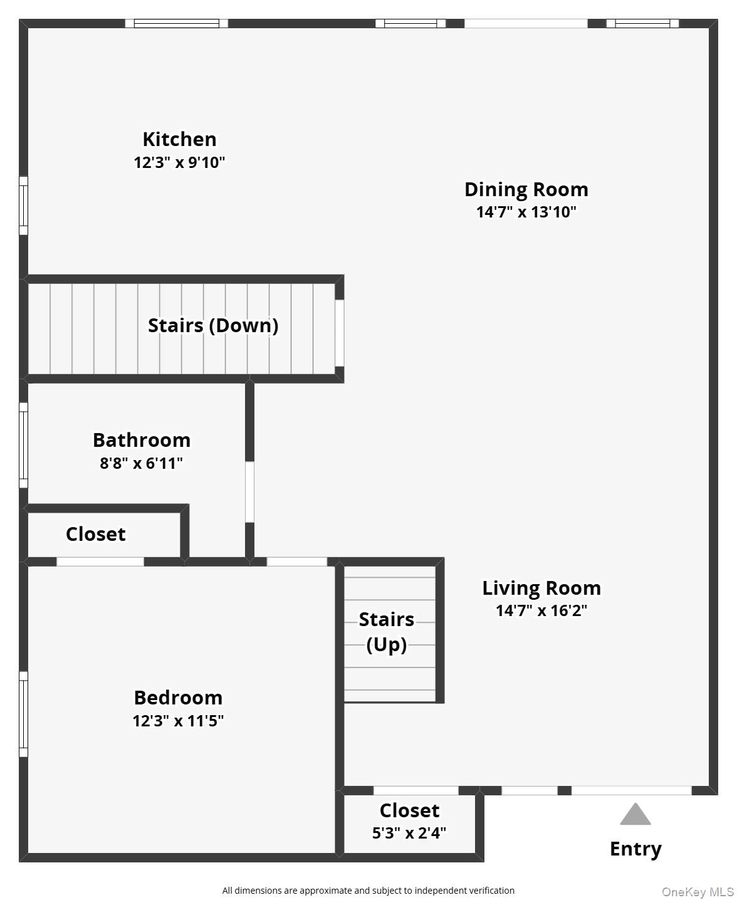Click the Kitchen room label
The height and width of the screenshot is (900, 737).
[179, 139]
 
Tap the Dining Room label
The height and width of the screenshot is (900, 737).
[526, 189]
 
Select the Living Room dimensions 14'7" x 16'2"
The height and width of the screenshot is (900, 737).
[541, 610]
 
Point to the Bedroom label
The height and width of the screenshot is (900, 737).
[178, 698]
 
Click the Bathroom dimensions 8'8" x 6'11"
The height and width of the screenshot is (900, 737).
[141, 464]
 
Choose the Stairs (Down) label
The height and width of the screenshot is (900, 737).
[213, 325]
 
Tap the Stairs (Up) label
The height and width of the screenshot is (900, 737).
[387, 632]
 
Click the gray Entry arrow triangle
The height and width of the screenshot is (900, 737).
[635, 815]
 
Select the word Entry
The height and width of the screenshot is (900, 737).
[635, 849]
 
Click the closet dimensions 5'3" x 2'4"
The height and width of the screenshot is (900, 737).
[409, 834]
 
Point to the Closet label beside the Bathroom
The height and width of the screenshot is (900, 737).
[95, 534]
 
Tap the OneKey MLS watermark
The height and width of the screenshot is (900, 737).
[698, 892]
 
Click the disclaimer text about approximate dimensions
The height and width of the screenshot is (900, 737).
[368, 891]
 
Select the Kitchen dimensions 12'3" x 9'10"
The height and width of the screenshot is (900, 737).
[179, 163]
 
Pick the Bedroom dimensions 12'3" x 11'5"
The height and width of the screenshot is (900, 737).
[178, 721]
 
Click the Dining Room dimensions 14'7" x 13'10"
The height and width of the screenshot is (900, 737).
[526, 212]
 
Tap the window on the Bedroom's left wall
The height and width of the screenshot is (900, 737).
[24, 714]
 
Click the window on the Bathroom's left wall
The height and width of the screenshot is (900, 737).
[24, 445]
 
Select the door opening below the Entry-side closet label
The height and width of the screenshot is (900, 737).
[416, 790]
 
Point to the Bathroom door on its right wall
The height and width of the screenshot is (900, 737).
[249, 492]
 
